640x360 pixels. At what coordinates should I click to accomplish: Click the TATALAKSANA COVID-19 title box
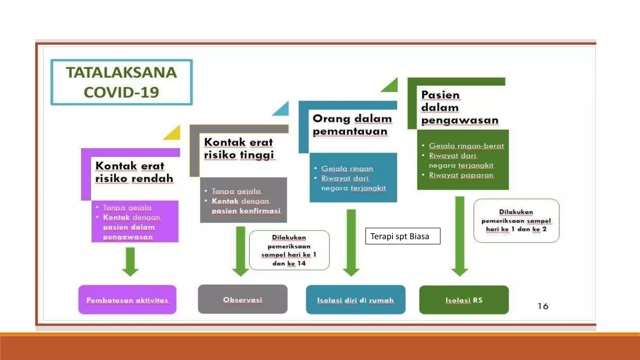point(122,82)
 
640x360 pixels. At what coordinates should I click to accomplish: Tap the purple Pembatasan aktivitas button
point(127,300)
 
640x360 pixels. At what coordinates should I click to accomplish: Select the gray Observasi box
point(242,299)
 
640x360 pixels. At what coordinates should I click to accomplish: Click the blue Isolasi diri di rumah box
point(355,300)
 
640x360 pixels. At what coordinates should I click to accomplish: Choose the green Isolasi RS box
point(464,300)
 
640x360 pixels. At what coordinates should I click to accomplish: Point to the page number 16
point(543,306)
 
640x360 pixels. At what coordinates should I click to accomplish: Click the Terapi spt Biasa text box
point(402,236)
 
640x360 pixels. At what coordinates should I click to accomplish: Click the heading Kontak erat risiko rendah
point(134,172)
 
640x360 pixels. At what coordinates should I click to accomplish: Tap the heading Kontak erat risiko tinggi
point(239,148)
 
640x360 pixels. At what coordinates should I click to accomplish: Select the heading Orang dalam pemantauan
point(352,125)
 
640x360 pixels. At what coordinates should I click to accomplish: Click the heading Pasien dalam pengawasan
point(459,107)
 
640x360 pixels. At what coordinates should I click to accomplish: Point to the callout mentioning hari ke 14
point(289,250)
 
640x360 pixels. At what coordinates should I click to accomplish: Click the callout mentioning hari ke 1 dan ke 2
point(516,220)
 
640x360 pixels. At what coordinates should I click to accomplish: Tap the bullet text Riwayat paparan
point(461,175)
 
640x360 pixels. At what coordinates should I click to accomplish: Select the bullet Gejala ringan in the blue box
point(347,168)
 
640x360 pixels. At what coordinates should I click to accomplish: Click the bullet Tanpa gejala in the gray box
point(236,191)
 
